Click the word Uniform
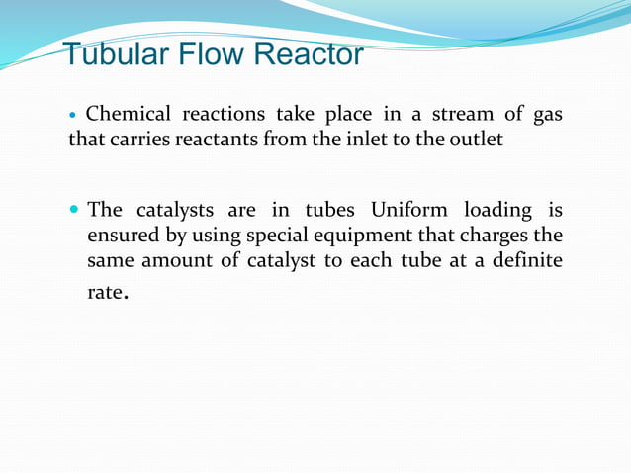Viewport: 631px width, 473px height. point(408,211)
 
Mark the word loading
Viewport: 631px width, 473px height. point(492,212)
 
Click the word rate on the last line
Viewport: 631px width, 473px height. point(104,294)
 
